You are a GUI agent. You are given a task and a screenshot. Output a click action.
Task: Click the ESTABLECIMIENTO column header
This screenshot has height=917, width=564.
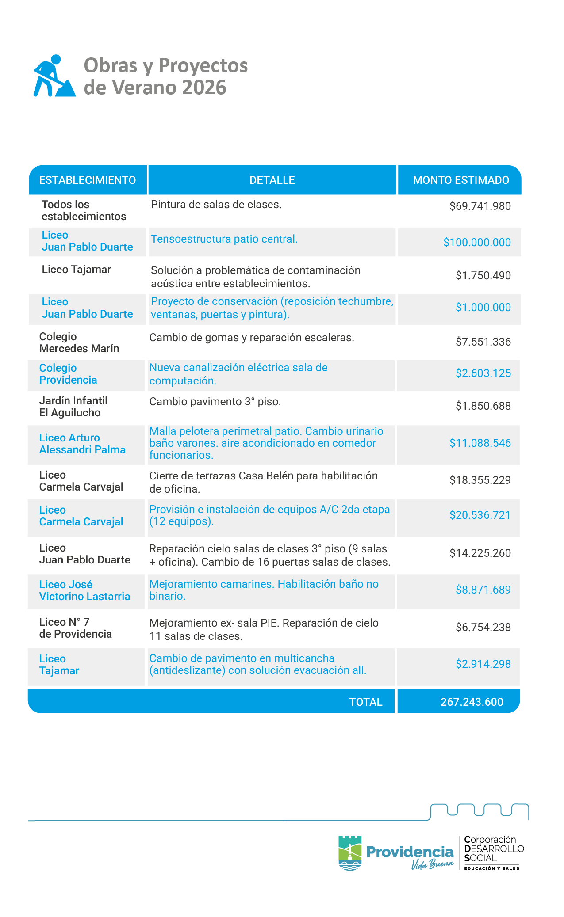click(x=88, y=180)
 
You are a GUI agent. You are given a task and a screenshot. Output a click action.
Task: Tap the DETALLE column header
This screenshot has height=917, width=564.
click(x=272, y=180)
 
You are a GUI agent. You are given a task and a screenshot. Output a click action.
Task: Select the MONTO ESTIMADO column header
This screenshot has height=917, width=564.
click(x=461, y=180)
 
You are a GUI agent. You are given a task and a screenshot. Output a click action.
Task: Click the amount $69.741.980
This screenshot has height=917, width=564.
click(x=480, y=206)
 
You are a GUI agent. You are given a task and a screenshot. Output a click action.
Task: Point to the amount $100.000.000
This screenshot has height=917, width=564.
click(x=477, y=243)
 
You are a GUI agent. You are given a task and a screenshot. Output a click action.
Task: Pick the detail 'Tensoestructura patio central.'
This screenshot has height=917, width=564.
click(x=224, y=239)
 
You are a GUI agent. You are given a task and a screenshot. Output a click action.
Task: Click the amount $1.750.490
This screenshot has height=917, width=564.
click(x=483, y=276)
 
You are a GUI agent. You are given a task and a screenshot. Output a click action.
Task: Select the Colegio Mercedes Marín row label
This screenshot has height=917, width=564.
click(x=79, y=342)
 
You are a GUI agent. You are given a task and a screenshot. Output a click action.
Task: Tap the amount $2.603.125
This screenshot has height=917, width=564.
click(x=483, y=373)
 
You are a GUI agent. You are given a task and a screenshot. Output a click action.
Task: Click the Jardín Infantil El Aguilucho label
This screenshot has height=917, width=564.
click(x=73, y=407)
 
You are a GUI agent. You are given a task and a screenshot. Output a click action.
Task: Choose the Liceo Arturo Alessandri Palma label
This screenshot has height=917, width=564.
click(x=82, y=444)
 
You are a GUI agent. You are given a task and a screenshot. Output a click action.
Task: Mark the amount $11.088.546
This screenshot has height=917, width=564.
click(x=480, y=443)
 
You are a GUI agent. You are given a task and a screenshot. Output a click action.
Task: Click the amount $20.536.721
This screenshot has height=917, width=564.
click(x=480, y=515)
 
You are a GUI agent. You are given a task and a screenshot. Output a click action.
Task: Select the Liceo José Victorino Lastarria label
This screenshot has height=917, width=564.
click(x=84, y=590)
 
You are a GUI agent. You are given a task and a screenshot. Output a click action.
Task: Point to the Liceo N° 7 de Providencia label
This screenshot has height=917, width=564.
click(x=76, y=628)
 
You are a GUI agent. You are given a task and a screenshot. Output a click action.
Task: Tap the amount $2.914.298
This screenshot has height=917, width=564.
click(x=483, y=664)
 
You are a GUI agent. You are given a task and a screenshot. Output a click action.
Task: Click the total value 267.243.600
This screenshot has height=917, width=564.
click(x=472, y=702)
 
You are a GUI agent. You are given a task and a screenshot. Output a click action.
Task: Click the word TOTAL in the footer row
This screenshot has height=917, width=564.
click(x=366, y=702)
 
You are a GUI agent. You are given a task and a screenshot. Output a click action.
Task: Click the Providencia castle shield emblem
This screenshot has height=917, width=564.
click(x=350, y=852)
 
